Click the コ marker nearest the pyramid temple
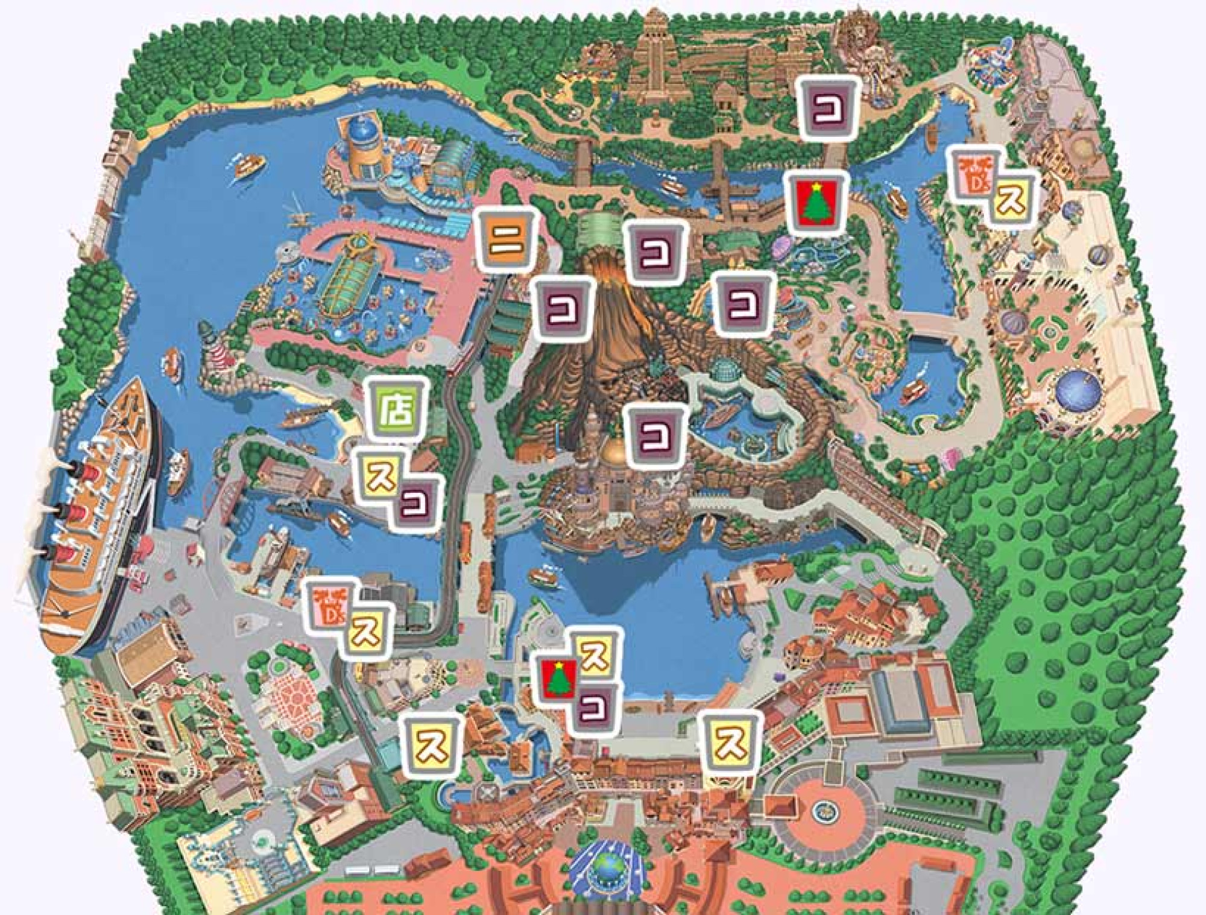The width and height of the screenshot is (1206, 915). pos(829,109)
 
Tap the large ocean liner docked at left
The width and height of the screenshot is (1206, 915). pos(96,519)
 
